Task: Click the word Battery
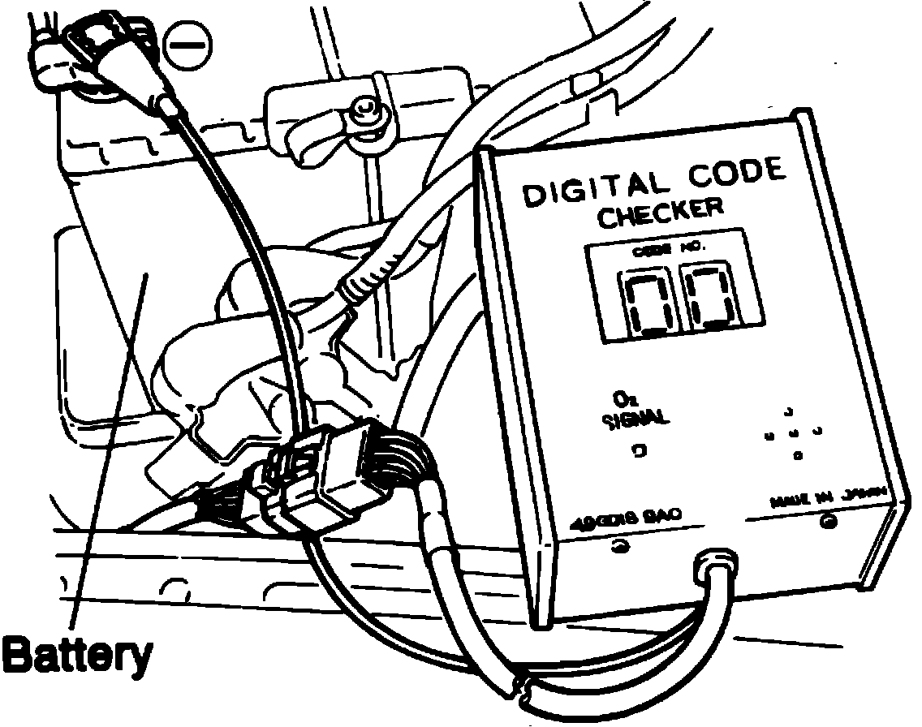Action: (x=76, y=655)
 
